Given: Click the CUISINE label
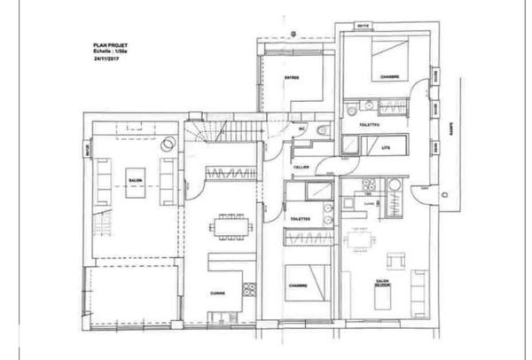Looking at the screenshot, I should pos(218,292).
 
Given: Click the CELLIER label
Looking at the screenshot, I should pos(301,167).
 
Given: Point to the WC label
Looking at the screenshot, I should pos(301,129).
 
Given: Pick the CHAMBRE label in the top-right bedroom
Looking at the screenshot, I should pos(388,77).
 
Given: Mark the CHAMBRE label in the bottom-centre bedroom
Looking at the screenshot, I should pos(299,286).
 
